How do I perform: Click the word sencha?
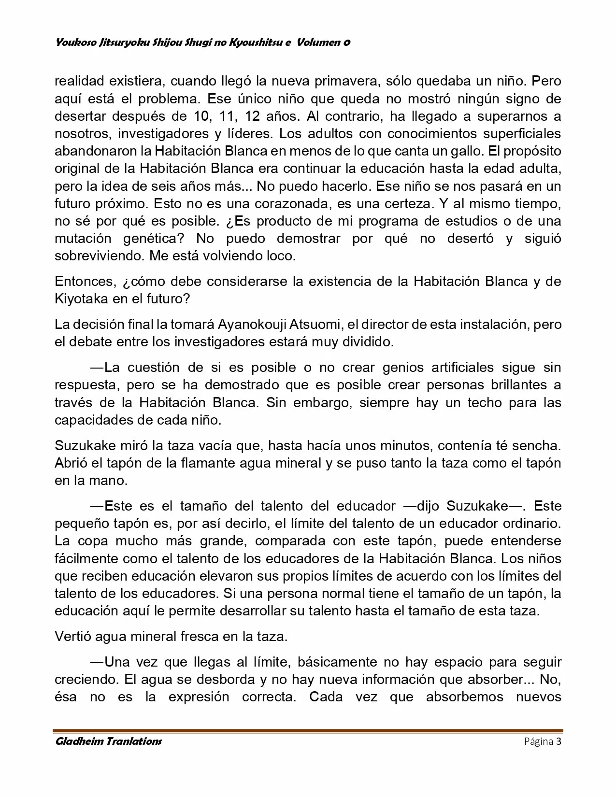pos(537,445)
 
